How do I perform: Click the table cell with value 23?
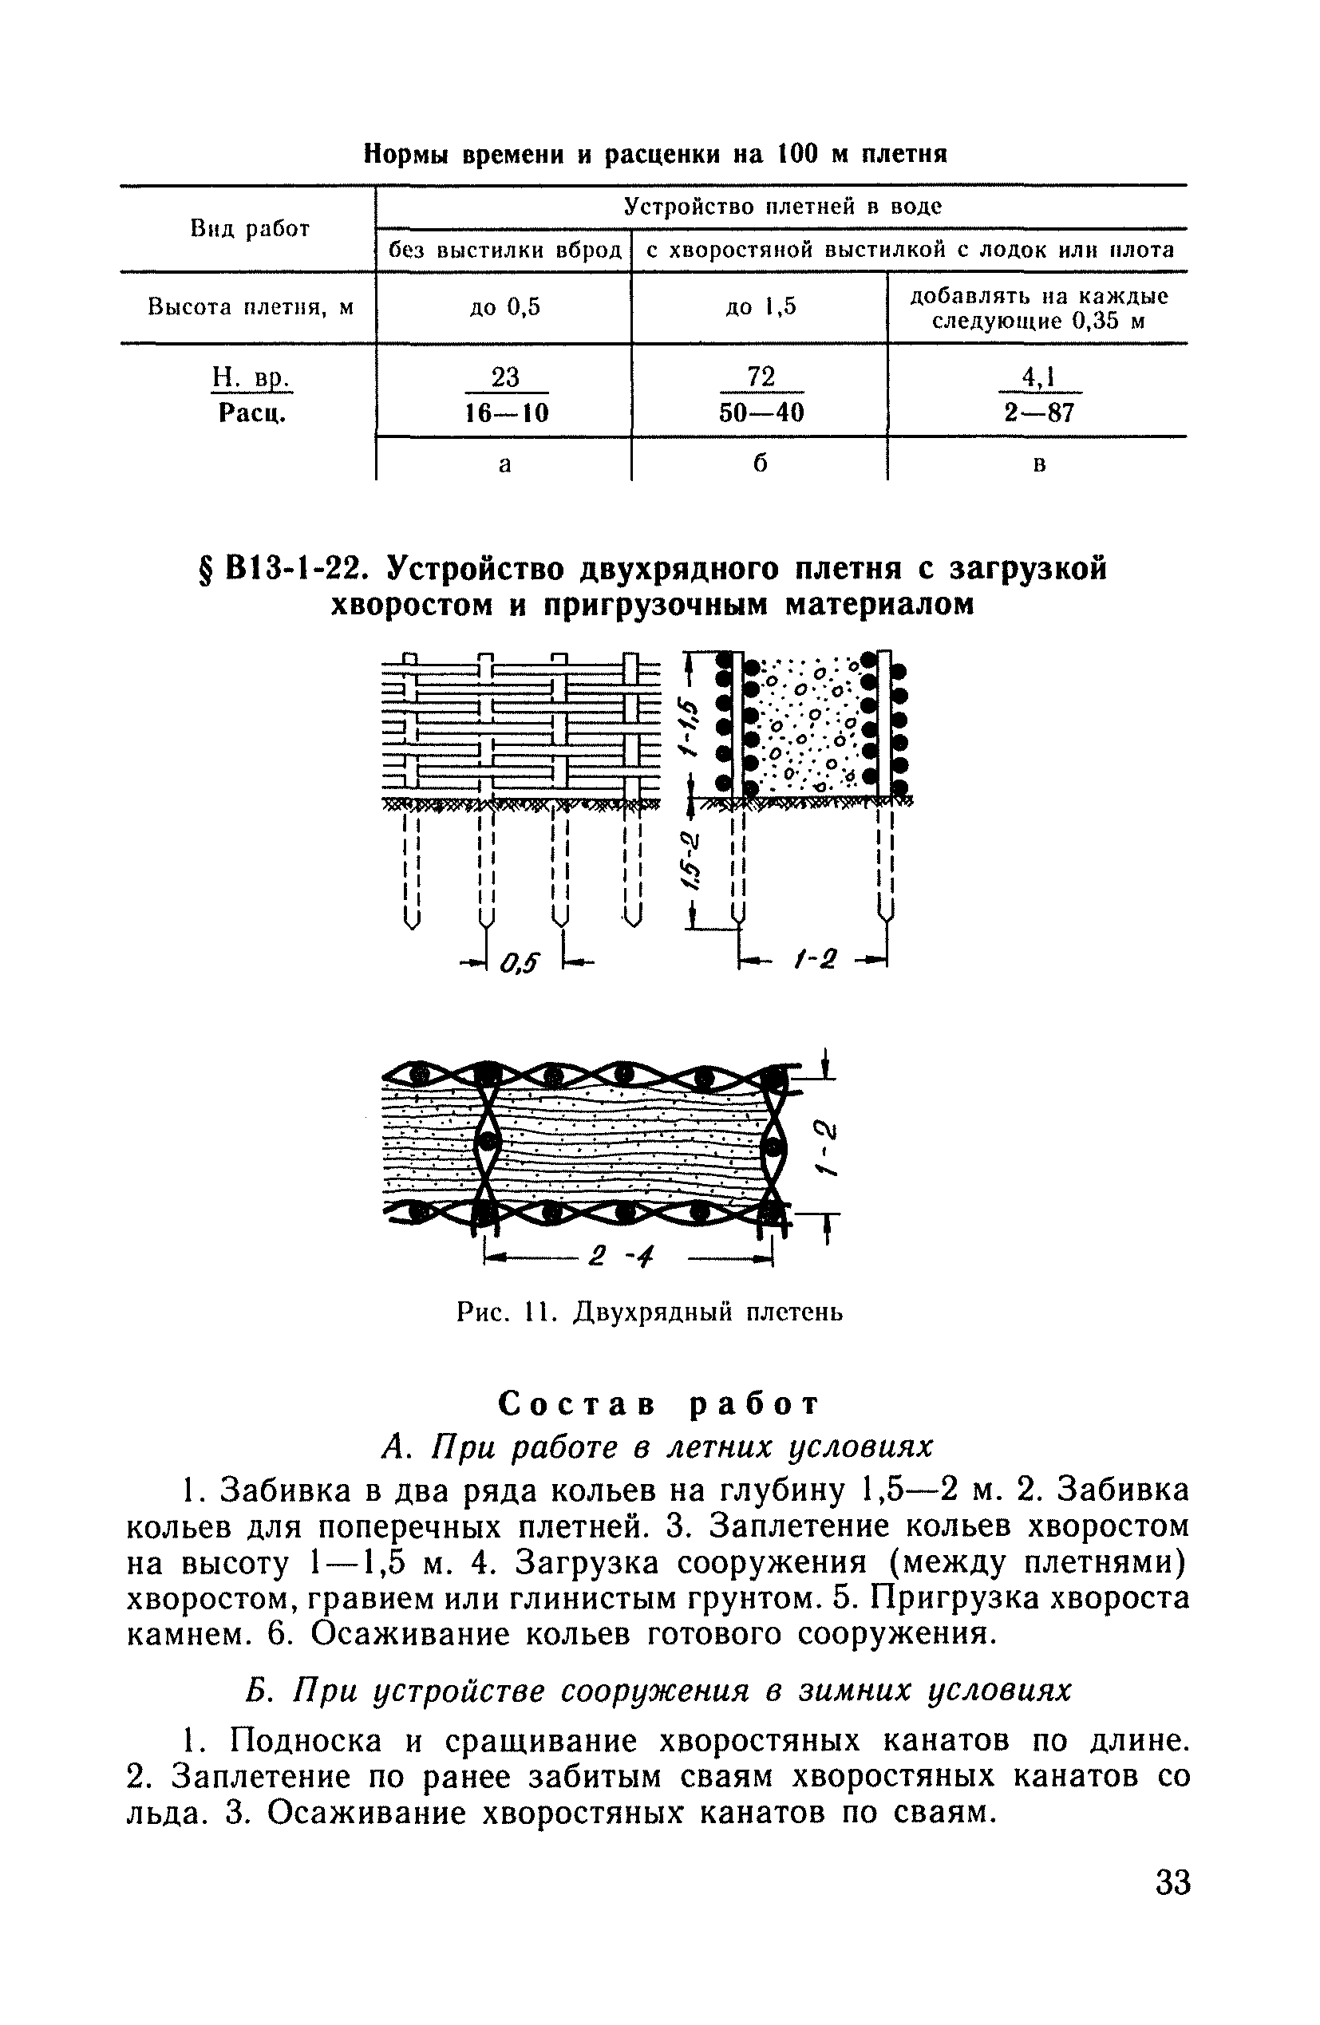tap(504, 376)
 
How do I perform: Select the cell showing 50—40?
tap(761, 413)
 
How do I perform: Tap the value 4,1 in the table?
tap(1038, 376)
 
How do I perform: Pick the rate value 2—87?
tap(1038, 413)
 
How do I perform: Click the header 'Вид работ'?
tap(249, 229)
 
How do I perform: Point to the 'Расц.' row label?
tap(251, 413)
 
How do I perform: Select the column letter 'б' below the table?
tap(760, 464)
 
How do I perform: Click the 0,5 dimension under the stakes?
tap(521, 962)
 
